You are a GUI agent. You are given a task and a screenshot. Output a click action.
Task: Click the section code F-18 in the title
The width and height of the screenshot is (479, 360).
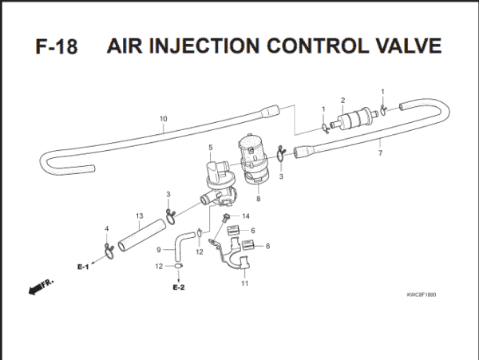(56, 45)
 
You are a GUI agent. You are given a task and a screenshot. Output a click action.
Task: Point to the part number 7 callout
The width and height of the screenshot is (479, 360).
(380, 153)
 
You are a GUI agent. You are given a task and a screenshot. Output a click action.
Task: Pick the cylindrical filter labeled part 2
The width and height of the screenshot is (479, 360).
(351, 122)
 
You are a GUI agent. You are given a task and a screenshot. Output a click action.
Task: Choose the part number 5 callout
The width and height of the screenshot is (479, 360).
(210, 148)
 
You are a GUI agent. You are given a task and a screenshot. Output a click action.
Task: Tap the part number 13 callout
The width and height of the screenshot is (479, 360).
(139, 216)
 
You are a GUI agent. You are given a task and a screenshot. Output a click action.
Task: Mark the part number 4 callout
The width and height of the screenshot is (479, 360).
(106, 230)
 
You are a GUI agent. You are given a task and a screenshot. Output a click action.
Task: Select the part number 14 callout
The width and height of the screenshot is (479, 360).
(246, 216)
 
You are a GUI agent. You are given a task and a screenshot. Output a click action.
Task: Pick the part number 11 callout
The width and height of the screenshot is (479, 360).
(245, 283)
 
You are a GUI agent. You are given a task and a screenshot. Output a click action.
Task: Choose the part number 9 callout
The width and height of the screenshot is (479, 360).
(159, 250)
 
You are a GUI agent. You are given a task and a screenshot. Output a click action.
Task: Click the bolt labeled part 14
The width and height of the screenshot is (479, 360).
(228, 217)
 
